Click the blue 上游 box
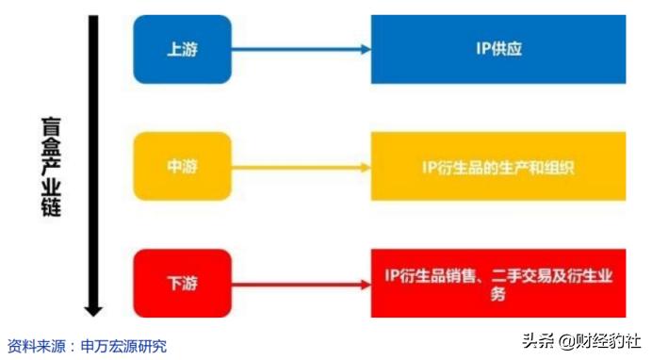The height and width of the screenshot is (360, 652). [183, 48]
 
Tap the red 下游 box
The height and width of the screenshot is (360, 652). [183, 283]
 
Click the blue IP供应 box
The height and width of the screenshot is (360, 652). [498, 48]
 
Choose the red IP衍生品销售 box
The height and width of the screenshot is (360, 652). [498, 284]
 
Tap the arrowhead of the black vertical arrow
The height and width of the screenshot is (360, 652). [92, 309]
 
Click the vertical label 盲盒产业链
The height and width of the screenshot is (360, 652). [51, 166]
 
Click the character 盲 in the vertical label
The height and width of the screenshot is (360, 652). [51, 124]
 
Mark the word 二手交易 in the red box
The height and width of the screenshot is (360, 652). [523, 275]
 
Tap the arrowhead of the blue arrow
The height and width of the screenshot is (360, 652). [366, 49]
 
